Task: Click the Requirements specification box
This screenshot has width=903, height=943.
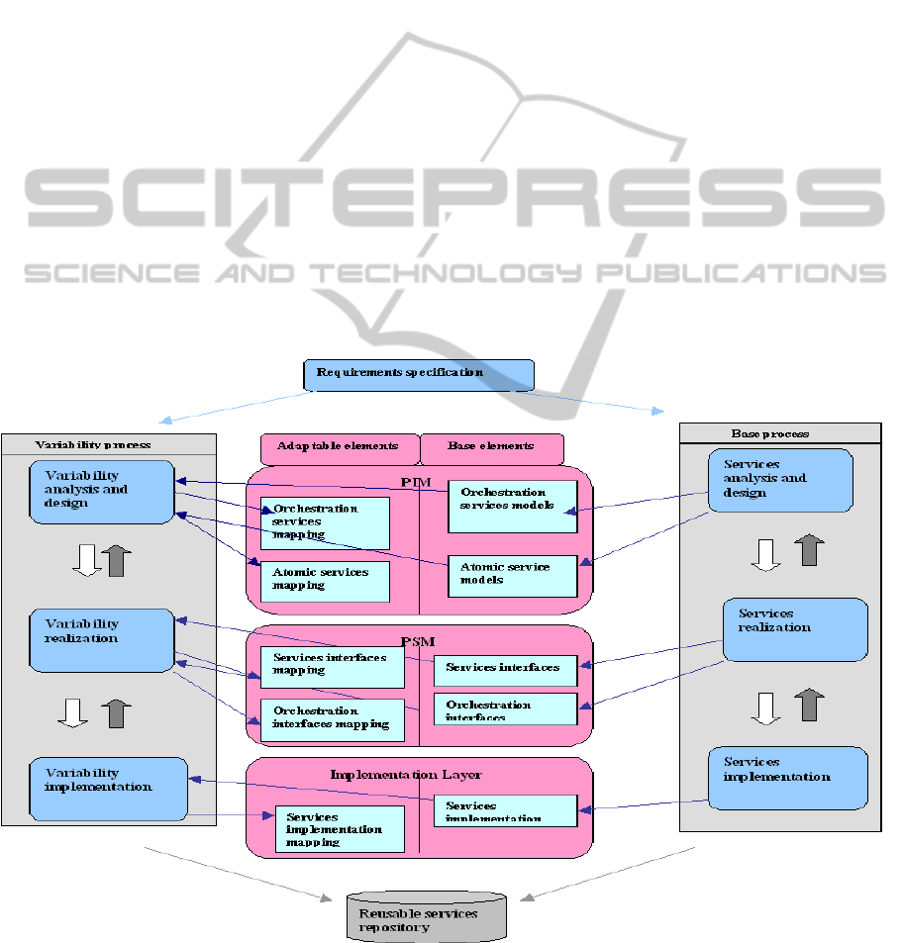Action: tap(418, 374)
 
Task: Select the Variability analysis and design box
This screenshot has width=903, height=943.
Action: tap(102, 492)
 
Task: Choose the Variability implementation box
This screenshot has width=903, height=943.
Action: tap(109, 789)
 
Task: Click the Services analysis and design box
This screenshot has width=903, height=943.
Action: tap(780, 480)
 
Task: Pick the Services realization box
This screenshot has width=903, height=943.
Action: tap(795, 629)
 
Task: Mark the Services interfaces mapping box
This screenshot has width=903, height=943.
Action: tap(333, 667)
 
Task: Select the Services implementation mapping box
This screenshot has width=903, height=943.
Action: tap(340, 828)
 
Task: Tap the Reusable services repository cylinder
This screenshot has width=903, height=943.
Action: tap(427, 917)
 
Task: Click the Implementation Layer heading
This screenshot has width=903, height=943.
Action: tap(420, 774)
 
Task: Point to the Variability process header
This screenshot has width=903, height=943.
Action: tap(94, 444)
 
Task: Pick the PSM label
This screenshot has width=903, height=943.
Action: tap(420, 638)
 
